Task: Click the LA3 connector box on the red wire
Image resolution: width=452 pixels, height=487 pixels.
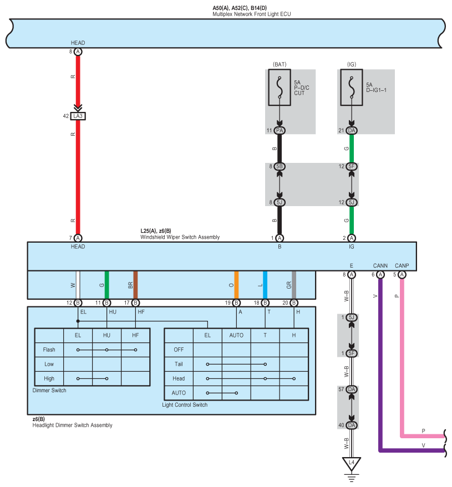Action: pyautogui.click(x=78, y=116)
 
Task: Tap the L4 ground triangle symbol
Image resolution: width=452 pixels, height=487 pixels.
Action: pyautogui.click(x=351, y=463)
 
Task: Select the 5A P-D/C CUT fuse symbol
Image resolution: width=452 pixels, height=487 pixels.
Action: pyautogui.click(x=280, y=87)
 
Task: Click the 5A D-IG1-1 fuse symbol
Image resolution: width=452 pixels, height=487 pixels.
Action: pyautogui.click(x=351, y=87)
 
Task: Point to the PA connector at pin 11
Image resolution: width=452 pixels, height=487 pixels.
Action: pyautogui.click(x=280, y=130)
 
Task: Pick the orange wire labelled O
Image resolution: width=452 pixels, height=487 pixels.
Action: pyautogui.click(x=236, y=285)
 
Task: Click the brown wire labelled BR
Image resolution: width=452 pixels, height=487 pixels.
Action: pyautogui.click(x=135, y=285)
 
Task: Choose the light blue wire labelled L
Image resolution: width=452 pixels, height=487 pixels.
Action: pyautogui.click(x=265, y=285)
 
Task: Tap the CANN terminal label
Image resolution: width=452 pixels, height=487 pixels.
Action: pyautogui.click(x=380, y=265)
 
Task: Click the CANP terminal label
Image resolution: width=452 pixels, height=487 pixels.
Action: pyautogui.click(x=402, y=265)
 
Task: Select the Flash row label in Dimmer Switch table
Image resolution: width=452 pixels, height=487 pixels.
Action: pyautogui.click(x=49, y=350)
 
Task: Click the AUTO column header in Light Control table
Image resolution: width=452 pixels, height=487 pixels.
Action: pyautogui.click(x=236, y=335)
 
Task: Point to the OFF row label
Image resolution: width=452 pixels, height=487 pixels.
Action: pyautogui.click(x=179, y=350)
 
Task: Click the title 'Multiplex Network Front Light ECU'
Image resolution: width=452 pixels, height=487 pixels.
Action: pyautogui.click(x=251, y=14)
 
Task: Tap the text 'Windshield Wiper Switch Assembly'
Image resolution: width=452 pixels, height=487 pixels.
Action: pyautogui.click(x=180, y=237)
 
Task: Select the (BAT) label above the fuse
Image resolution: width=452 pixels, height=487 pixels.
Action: pyautogui.click(x=280, y=64)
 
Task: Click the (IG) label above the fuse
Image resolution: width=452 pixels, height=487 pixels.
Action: pyautogui.click(x=351, y=64)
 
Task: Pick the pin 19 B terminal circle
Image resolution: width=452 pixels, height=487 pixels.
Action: pyautogui.click(x=236, y=303)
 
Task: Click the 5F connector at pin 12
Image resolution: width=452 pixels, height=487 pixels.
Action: pyautogui.click(x=351, y=166)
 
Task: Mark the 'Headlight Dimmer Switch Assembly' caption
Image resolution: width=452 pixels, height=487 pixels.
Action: pyautogui.click(x=73, y=426)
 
